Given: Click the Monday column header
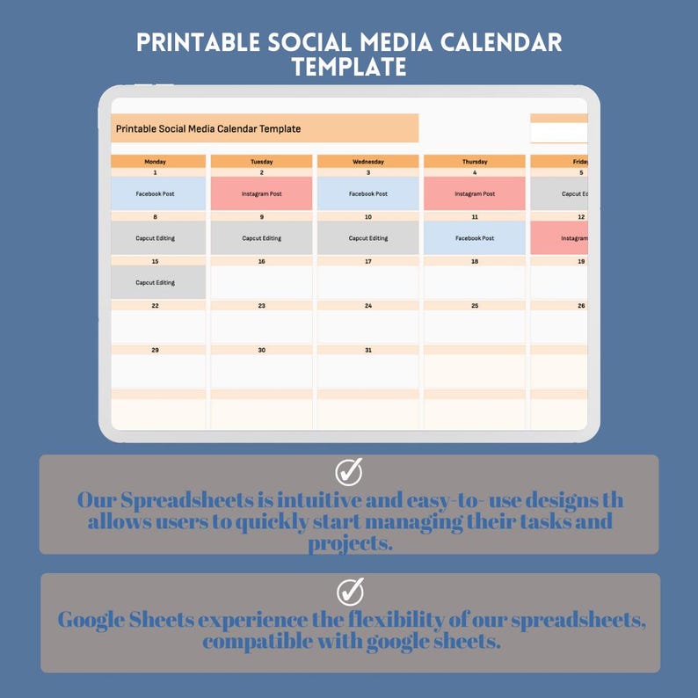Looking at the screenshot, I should click(156, 162).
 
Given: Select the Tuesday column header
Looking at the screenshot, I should click(261, 162).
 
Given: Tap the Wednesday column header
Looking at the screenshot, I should click(367, 162).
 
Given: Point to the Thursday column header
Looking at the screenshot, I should click(475, 162).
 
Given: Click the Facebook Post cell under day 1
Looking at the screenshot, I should click(156, 193).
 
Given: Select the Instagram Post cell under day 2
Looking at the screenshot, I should click(261, 193).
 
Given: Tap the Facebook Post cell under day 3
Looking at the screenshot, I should click(367, 193).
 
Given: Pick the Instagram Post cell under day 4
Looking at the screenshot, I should click(475, 193).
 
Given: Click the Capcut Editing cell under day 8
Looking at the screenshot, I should click(156, 238).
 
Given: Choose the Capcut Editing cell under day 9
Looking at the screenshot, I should click(261, 238).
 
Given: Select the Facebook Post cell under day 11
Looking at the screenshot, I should click(475, 238).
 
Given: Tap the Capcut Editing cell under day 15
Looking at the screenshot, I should click(156, 283).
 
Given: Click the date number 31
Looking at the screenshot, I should click(367, 350).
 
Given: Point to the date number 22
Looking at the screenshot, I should click(156, 306).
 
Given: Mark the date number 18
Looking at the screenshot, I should click(475, 261).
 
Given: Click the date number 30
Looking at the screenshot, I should click(261, 350).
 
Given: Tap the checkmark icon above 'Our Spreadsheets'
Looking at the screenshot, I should click(349, 471).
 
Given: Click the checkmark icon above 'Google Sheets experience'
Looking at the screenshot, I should click(349, 591).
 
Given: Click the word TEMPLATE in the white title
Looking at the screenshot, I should click(349, 67).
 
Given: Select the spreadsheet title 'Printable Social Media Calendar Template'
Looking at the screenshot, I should click(208, 128).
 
